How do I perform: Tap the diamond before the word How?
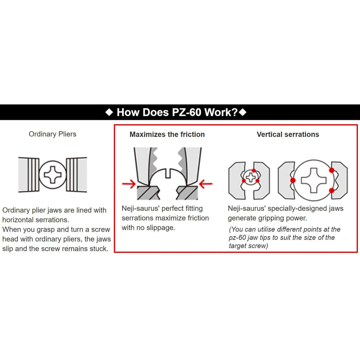(x=109, y=112)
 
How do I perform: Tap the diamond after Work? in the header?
(x=242, y=112)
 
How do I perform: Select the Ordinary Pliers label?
(x=52, y=134)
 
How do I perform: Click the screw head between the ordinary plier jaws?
(x=52, y=175)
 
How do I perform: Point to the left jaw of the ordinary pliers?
(x=29, y=175)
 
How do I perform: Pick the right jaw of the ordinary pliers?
(x=76, y=175)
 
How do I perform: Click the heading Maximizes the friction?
(x=167, y=134)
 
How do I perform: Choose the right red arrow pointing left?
(x=206, y=184)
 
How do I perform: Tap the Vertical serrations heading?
(x=288, y=134)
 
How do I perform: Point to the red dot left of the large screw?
(x=293, y=180)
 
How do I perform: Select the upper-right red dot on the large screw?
(x=332, y=170)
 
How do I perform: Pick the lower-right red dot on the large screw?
(x=332, y=190)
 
